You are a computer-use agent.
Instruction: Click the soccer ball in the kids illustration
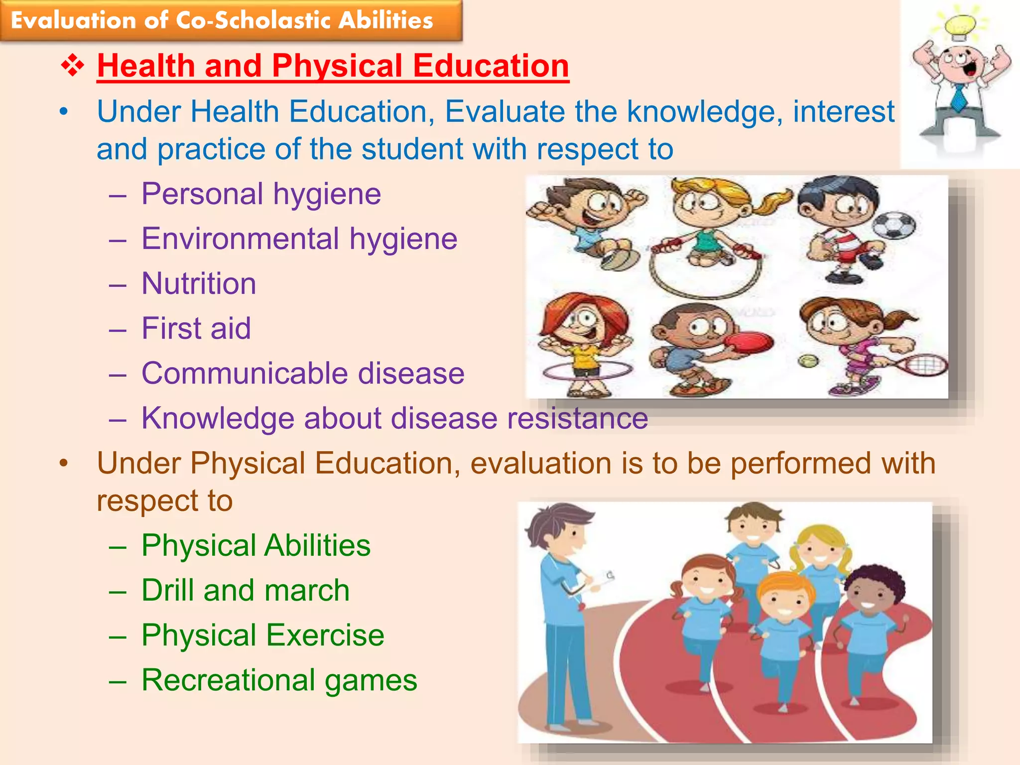(894, 225)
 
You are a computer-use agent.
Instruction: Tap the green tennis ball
(807, 361)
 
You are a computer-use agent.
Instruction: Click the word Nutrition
(199, 283)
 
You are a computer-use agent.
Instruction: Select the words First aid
(196, 328)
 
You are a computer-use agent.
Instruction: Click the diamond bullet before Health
(73, 66)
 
